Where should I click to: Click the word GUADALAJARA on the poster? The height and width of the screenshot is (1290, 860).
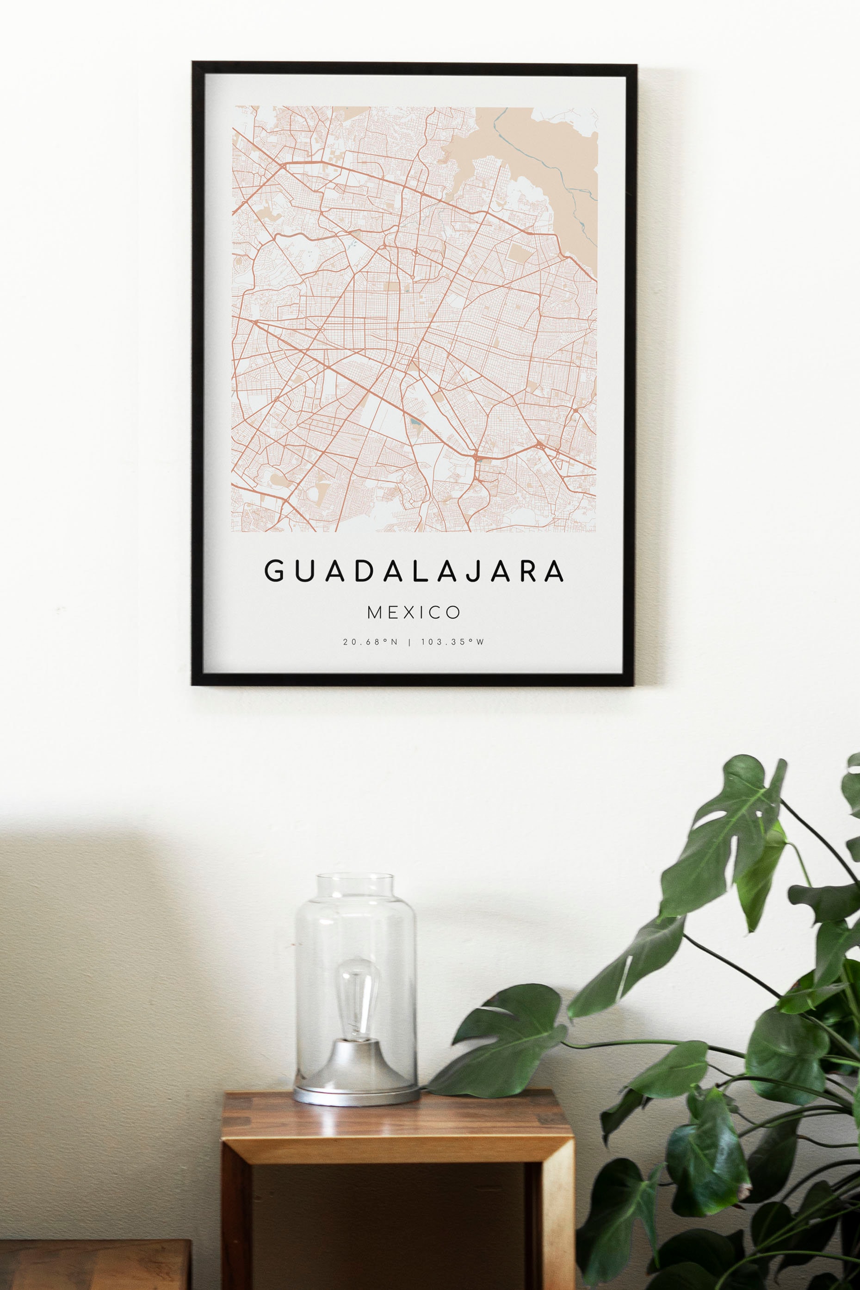pos(414,571)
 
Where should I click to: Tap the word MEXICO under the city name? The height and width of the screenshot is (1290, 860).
pos(414,612)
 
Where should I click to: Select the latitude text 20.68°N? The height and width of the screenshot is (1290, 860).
pos(370,642)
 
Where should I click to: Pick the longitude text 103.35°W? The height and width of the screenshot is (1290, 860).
pos(452,642)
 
